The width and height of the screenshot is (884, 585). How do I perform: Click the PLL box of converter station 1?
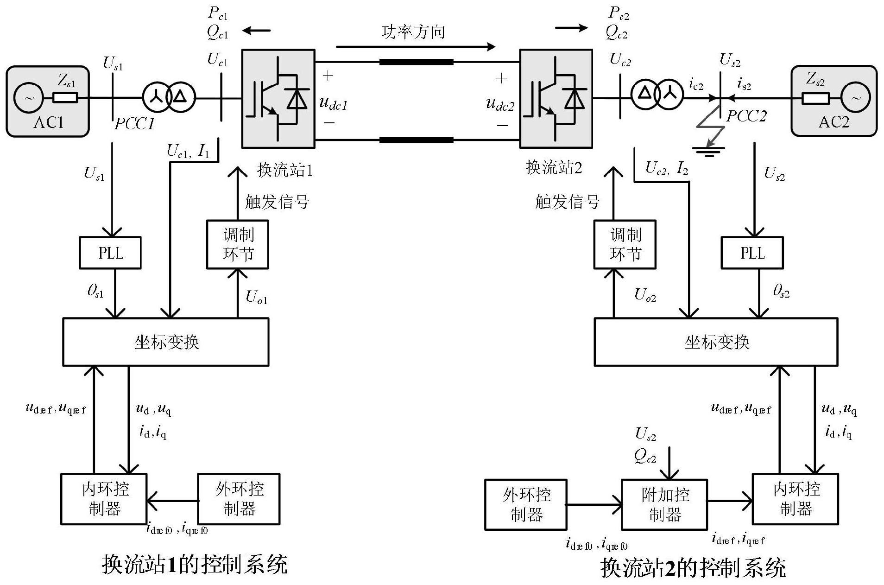coord(110,253)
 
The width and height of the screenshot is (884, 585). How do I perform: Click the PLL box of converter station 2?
coord(752,253)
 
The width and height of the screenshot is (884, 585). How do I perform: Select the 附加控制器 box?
coord(664,505)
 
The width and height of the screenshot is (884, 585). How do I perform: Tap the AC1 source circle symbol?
coord(28,98)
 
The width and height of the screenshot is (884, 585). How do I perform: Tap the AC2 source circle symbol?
coord(855,98)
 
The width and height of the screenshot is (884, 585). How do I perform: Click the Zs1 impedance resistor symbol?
coord(65,98)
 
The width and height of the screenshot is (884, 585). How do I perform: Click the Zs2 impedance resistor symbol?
coord(815,98)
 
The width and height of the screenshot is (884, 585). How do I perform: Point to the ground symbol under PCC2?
coord(708,151)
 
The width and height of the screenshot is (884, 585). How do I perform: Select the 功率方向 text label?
coord(413,32)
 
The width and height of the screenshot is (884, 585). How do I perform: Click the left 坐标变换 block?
coord(166,342)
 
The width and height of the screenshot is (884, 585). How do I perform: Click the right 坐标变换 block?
coord(716,342)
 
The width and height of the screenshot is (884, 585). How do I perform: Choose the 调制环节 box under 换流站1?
coord(237,244)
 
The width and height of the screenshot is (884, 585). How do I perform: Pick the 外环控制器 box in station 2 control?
coord(526,505)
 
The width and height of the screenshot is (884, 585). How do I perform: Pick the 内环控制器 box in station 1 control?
coord(104,499)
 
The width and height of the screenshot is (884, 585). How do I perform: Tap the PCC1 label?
coord(134,123)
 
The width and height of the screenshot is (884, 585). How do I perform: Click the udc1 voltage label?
coord(333,103)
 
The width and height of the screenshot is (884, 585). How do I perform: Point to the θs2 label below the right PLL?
coord(781,291)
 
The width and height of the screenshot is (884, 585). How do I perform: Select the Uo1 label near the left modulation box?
coord(256,297)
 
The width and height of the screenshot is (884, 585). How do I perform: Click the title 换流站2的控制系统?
coord(693,568)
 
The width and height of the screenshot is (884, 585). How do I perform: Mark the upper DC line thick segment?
coord(416,62)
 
